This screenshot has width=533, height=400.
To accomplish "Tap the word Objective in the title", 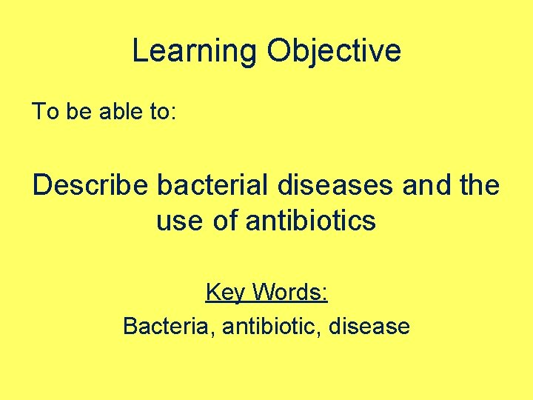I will tap(334, 51).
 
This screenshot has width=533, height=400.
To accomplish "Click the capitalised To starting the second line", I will tap(44, 112).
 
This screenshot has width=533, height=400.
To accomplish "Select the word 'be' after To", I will tap(76, 112).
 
